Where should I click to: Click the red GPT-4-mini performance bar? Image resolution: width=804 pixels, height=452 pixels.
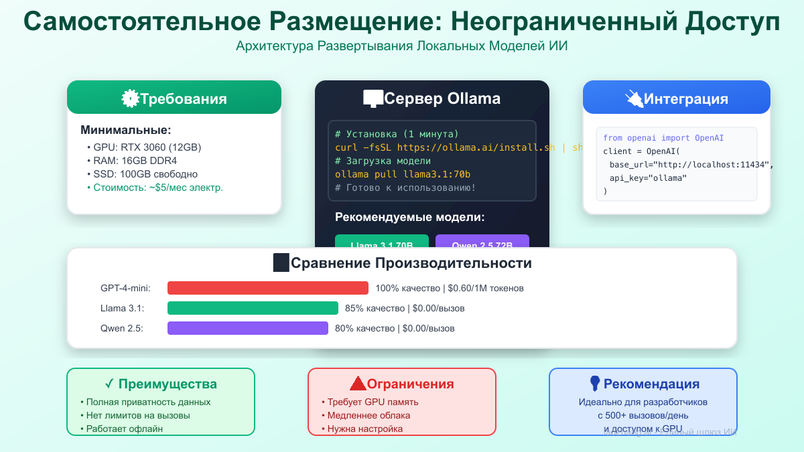coord(267,288)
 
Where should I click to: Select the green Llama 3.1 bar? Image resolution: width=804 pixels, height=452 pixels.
coord(253,308)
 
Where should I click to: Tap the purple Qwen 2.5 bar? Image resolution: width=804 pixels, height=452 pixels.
coord(247,328)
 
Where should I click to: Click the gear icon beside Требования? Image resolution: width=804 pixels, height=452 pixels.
coord(129,99)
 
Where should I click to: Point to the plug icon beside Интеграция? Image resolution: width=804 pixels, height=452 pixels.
coord(633,99)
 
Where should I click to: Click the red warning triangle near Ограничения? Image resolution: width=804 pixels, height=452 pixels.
coord(358,384)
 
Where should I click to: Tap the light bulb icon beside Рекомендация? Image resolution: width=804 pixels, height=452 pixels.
coord(594,383)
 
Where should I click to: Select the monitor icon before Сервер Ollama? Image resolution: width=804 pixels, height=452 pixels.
coord(373,99)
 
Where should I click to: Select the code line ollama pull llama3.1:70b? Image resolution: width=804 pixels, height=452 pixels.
coord(403,174)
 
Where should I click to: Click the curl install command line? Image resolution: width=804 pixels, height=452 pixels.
coord(445,147)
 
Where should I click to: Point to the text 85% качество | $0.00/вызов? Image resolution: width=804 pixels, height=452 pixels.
coord(405,309)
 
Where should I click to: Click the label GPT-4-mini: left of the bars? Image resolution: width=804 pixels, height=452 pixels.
coord(125,288)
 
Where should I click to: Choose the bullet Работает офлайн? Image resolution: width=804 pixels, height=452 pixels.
coord(125,429)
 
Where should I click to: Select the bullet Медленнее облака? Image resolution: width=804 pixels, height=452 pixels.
coord(368,415)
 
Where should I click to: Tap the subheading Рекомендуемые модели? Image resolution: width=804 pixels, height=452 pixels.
coord(409,217)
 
